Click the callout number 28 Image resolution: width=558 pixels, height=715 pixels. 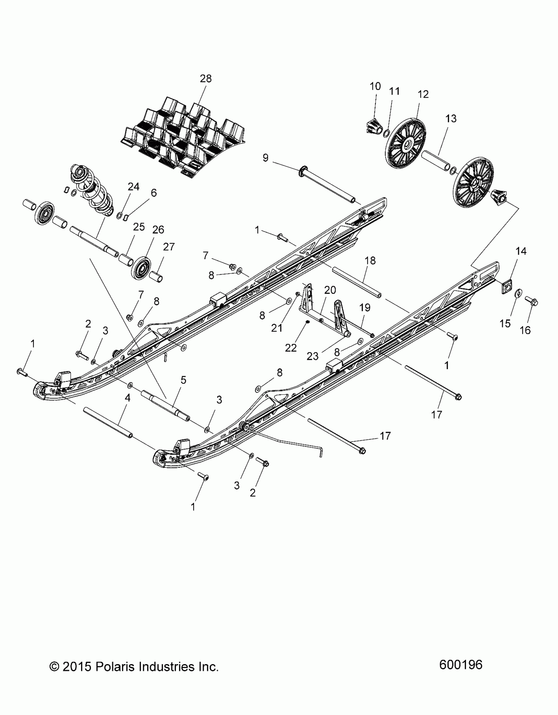206,79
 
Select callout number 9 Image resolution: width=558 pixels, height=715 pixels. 266,158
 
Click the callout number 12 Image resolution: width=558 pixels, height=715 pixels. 423,94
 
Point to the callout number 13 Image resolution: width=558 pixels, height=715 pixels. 451,118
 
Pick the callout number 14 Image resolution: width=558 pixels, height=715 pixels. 521,251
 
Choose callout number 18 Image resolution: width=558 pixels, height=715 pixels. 370,261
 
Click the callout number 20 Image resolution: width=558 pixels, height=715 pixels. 330,290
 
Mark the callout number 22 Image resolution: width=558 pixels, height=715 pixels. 291,348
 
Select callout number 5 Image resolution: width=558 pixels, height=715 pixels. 183,380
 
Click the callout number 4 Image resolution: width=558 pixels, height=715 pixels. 128,398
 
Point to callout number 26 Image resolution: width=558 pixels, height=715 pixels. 158,229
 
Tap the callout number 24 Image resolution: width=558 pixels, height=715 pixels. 133,187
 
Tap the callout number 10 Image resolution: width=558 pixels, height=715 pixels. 375,86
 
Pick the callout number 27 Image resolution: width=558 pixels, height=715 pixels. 169,247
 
